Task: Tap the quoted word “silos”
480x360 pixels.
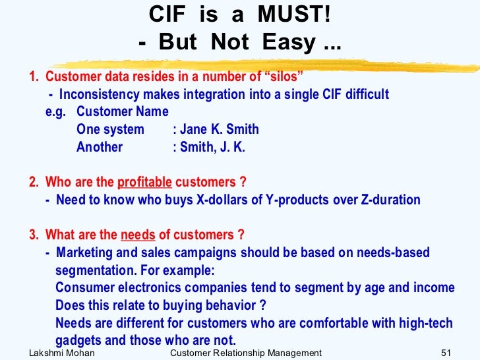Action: tap(280, 76)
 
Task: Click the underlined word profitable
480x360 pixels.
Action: tap(144, 182)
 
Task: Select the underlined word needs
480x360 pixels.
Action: tap(138, 235)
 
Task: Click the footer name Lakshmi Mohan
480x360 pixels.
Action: tap(62, 353)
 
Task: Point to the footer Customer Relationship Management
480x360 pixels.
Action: tap(245, 353)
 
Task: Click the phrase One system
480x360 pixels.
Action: tap(110, 129)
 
